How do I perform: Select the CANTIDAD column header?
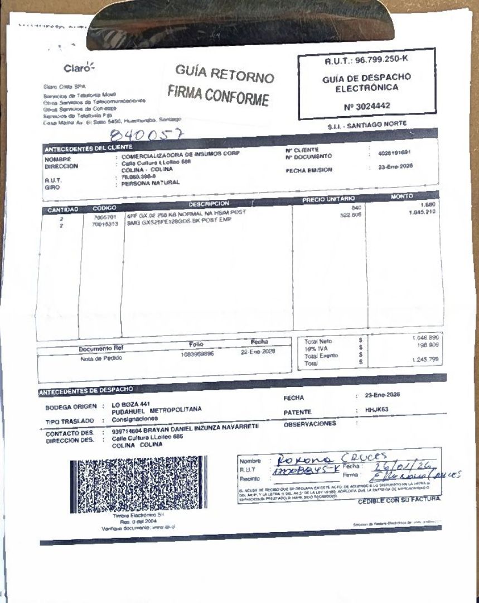click(61, 209)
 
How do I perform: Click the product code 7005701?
click(103, 217)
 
